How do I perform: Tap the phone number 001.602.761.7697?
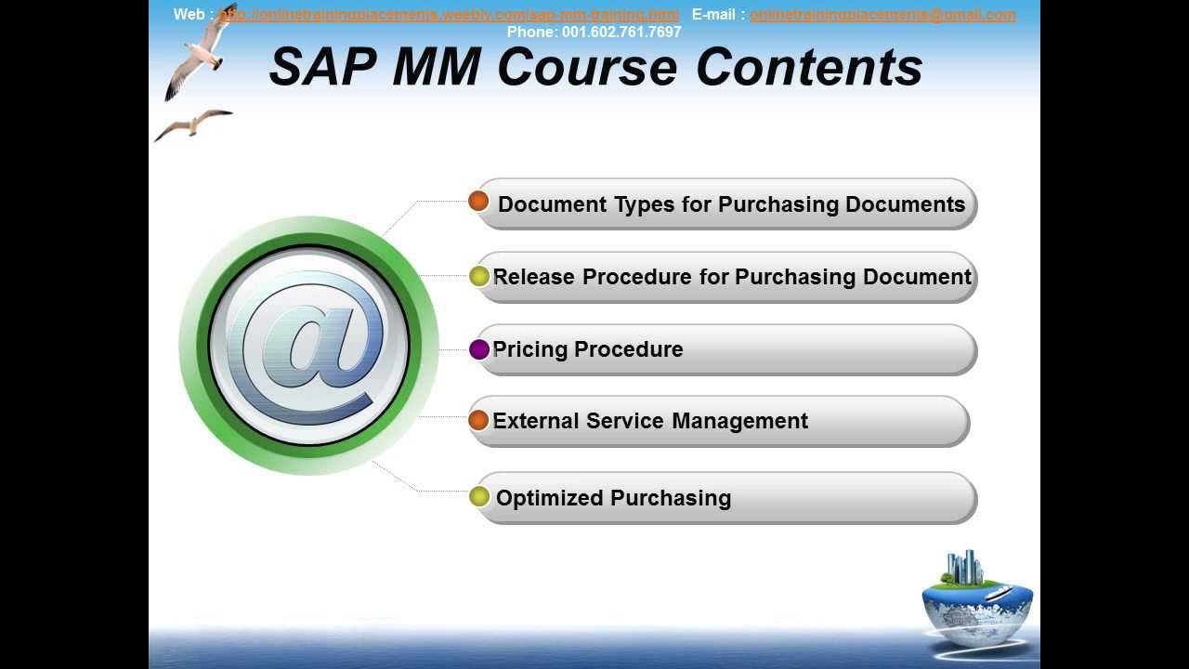point(621,32)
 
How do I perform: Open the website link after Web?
point(450,15)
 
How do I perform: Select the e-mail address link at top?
point(882,15)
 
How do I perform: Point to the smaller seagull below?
point(193,123)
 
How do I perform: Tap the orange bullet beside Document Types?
point(478,201)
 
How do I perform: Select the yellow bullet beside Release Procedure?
point(479,276)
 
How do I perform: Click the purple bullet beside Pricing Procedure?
point(479,349)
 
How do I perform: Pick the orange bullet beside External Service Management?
point(478,420)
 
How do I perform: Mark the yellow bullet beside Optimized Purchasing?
point(479,496)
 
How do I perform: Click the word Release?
point(534,277)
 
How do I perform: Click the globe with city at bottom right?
point(976,595)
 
